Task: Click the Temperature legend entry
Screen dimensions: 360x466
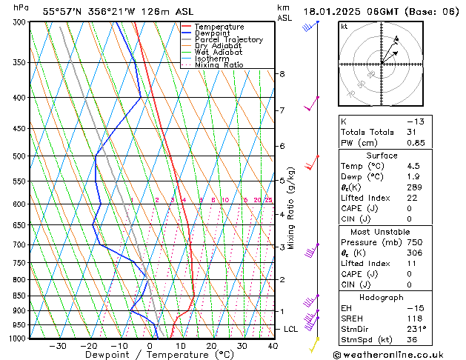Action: click(x=219, y=27)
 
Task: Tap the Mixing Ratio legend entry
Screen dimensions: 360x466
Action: click(x=219, y=65)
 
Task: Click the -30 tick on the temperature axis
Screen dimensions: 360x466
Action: click(x=58, y=346)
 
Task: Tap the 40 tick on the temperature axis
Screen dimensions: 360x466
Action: click(x=273, y=346)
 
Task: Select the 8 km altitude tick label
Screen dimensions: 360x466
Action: click(x=282, y=74)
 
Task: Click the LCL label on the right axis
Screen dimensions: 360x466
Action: click(x=291, y=329)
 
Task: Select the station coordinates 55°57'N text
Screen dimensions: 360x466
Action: click(x=63, y=11)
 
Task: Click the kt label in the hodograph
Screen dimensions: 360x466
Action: click(x=344, y=26)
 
